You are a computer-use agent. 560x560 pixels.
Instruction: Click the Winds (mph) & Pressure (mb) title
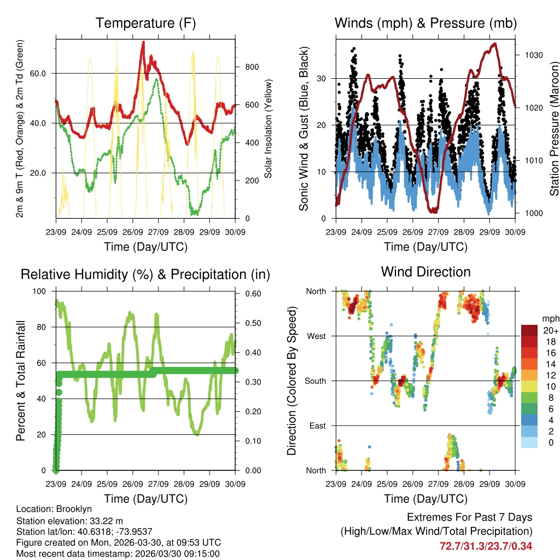point(425,24)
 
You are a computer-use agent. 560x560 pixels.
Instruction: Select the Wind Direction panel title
point(425,272)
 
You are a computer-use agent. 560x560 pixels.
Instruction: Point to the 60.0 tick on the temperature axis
point(44,73)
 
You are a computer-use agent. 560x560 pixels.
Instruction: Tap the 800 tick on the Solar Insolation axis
point(252,67)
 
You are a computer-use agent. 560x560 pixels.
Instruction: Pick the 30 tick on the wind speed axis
point(322,78)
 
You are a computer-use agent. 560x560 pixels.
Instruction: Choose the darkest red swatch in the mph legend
point(529,330)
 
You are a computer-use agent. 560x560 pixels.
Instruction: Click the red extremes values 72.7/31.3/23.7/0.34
point(486,546)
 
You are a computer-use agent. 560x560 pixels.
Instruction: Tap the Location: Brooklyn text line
point(54,509)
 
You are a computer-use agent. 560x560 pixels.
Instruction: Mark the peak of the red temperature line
point(143,42)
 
